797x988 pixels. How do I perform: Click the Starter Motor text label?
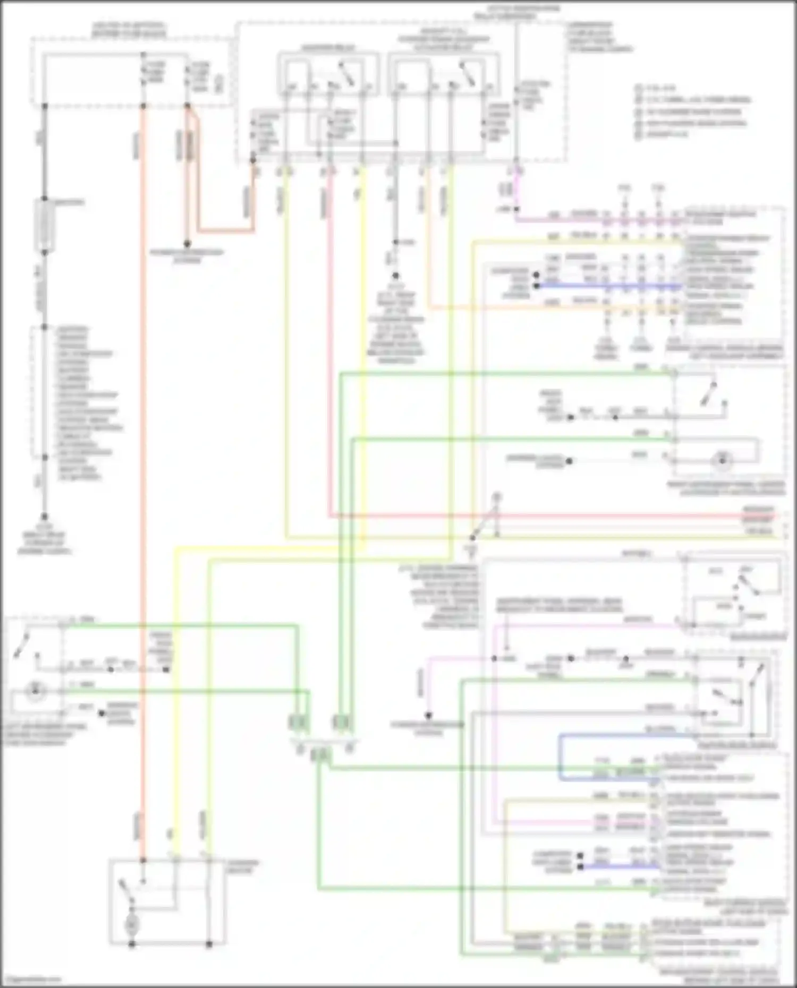[x=243, y=866]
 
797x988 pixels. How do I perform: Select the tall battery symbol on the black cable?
[x=45, y=226]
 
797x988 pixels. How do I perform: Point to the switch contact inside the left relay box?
[x=346, y=75]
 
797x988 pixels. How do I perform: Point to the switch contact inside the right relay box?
[x=468, y=75]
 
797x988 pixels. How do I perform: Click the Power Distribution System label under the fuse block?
[x=186, y=256]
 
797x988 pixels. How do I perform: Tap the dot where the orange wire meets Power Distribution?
[x=187, y=245]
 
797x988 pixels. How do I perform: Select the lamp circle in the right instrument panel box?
[x=722, y=460]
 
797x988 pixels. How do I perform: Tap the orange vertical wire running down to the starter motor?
[x=142, y=478]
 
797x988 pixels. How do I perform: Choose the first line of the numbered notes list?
[x=659, y=88]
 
